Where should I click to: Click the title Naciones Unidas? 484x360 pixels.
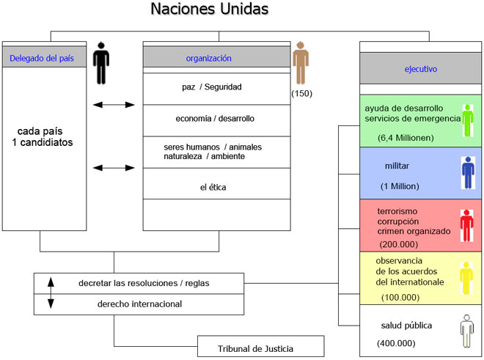click(209, 10)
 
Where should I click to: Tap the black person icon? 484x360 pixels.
click(101, 63)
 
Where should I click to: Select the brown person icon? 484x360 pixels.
click(301, 63)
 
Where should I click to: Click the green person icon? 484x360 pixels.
click(467, 121)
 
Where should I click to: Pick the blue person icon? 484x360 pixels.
click(467, 173)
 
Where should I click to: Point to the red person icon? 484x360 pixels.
click(466, 225)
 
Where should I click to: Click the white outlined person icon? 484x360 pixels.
click(466, 330)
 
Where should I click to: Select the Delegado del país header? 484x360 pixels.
click(40, 58)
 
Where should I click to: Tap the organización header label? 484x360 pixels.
click(208, 58)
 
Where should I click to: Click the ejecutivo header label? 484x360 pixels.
click(420, 70)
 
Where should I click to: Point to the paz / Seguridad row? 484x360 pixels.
click(212, 87)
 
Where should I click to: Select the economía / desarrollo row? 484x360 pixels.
click(215, 118)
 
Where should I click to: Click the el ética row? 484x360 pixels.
click(213, 188)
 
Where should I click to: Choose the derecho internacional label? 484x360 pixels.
click(139, 304)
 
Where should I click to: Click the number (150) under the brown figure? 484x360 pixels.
click(301, 94)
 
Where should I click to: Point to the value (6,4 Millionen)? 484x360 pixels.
click(406, 137)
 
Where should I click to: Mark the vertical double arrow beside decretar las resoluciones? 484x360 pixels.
click(50, 293)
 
